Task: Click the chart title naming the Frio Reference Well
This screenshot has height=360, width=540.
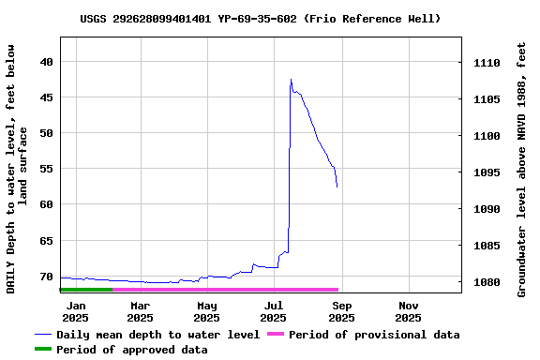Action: [260, 19]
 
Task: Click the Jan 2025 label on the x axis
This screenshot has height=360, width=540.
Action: [76, 311]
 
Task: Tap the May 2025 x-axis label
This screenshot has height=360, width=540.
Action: [207, 311]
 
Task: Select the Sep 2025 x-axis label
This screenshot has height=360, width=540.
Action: [341, 311]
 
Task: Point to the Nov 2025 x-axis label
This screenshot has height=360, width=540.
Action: [408, 311]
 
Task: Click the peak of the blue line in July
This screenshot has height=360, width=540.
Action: [291, 80]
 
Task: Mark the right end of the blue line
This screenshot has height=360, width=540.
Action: [337, 187]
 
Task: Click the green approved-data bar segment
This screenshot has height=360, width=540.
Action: [85, 290]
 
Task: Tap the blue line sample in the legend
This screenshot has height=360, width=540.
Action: [42, 335]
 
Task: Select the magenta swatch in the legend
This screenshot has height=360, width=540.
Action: [275, 335]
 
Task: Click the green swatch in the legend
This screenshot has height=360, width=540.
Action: [42, 350]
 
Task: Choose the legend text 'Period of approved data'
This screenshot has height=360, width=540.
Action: [132, 350]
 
